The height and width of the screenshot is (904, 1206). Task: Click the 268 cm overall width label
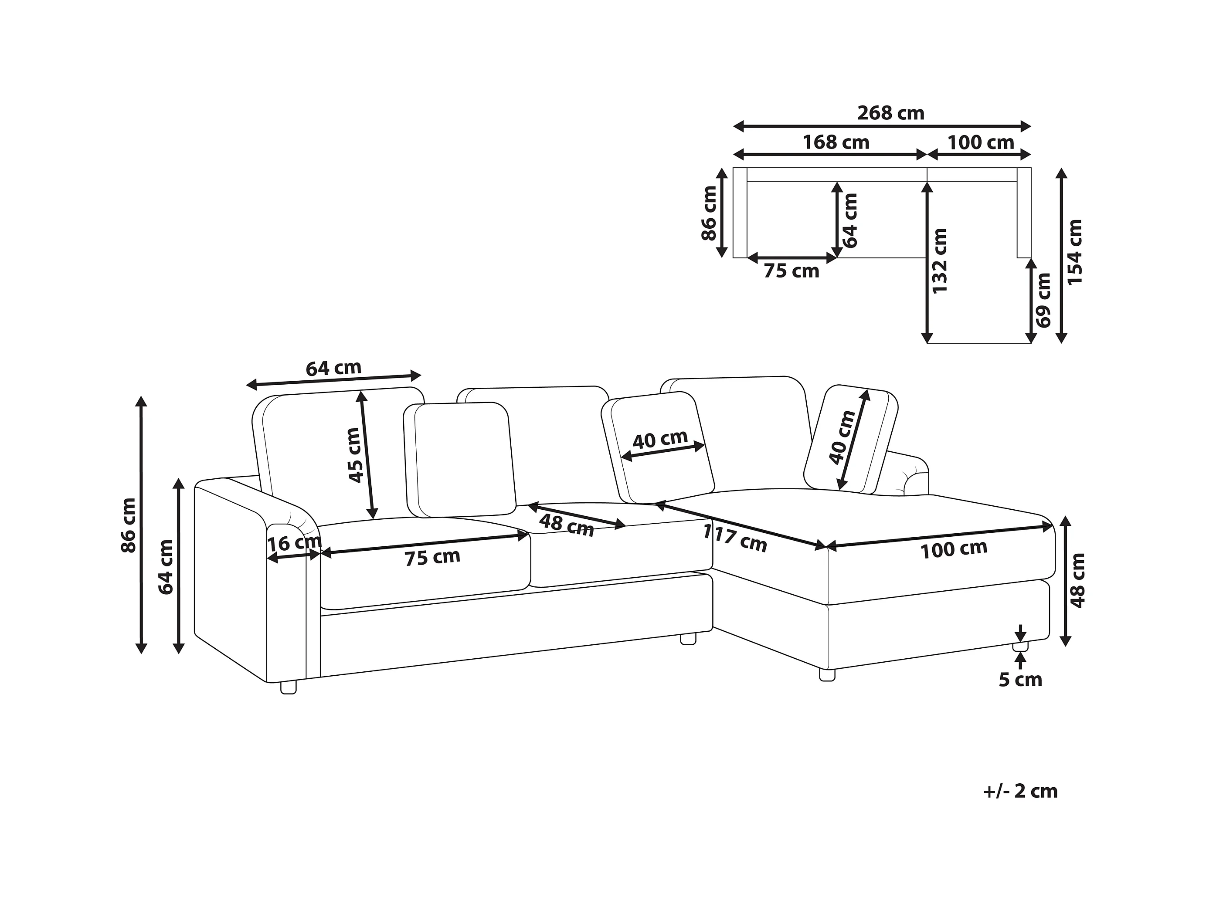[890, 113]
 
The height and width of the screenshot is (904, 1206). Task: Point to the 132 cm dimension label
[940, 261]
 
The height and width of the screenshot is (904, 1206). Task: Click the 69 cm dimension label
[1043, 300]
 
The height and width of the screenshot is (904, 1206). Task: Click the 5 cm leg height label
[1020, 680]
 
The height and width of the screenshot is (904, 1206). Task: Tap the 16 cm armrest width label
[294, 543]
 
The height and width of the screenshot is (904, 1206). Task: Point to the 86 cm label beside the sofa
[129, 525]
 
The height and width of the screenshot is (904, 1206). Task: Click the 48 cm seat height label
[1077, 580]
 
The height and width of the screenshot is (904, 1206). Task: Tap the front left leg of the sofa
[289, 687]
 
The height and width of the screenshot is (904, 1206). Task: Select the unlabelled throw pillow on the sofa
[461, 459]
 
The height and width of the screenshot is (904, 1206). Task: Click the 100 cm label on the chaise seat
[954, 549]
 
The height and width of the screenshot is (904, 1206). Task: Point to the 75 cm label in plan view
[791, 271]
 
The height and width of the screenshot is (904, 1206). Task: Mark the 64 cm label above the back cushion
[333, 369]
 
